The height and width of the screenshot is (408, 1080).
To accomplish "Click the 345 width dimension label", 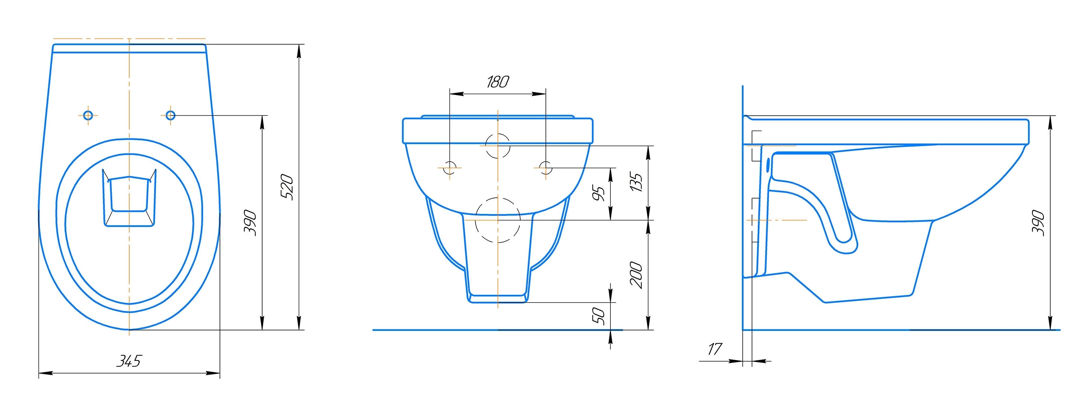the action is [x=129, y=361].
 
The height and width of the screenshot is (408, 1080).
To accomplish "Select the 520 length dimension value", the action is [x=287, y=186].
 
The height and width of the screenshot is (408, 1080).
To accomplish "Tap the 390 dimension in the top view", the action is [x=250, y=223].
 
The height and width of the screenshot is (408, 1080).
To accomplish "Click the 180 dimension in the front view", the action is [x=498, y=82].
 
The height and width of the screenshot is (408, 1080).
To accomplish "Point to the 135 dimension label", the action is [x=636, y=182].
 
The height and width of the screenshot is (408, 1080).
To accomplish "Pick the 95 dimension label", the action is [x=600, y=193].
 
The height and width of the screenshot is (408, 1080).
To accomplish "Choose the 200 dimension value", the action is [x=637, y=275].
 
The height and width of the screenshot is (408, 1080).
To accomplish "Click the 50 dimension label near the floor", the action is [x=600, y=316].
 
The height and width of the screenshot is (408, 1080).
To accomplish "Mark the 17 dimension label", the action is [x=715, y=349].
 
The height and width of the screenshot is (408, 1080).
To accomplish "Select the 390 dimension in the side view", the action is [x=1038, y=223].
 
